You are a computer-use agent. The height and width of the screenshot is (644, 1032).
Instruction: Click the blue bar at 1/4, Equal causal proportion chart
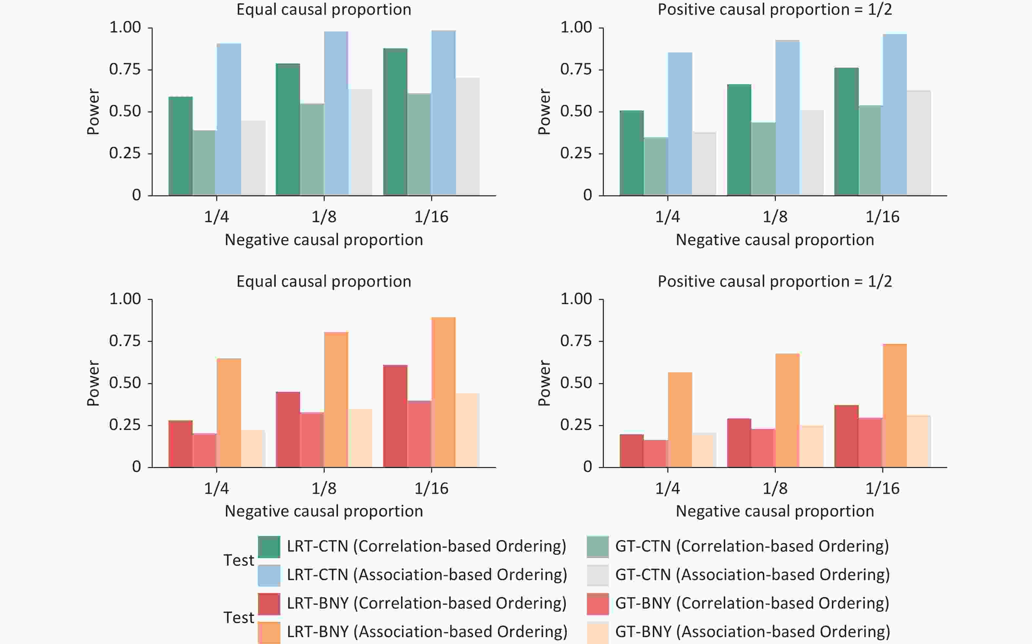[x=229, y=119]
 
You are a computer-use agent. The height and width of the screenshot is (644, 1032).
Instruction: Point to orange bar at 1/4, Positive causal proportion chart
[x=680, y=420]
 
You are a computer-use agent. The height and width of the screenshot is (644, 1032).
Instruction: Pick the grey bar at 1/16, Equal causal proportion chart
[x=468, y=136]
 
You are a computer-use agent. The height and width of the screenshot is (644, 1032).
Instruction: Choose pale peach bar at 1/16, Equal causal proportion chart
[x=468, y=430]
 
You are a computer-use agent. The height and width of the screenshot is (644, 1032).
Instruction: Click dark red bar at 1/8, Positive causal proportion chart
[x=739, y=443]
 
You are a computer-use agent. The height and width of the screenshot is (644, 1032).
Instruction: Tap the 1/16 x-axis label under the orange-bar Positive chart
[x=882, y=488]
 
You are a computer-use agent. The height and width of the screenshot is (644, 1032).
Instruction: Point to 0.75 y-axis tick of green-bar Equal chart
[x=125, y=69]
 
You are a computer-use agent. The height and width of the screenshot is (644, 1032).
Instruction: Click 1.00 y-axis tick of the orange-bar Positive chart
[x=576, y=299]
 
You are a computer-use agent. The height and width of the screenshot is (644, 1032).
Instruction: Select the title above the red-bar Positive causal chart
[x=774, y=282]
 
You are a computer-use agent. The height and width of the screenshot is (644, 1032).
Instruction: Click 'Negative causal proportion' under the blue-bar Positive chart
[x=774, y=240]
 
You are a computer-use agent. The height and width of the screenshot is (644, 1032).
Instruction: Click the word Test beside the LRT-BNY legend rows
[x=239, y=617]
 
